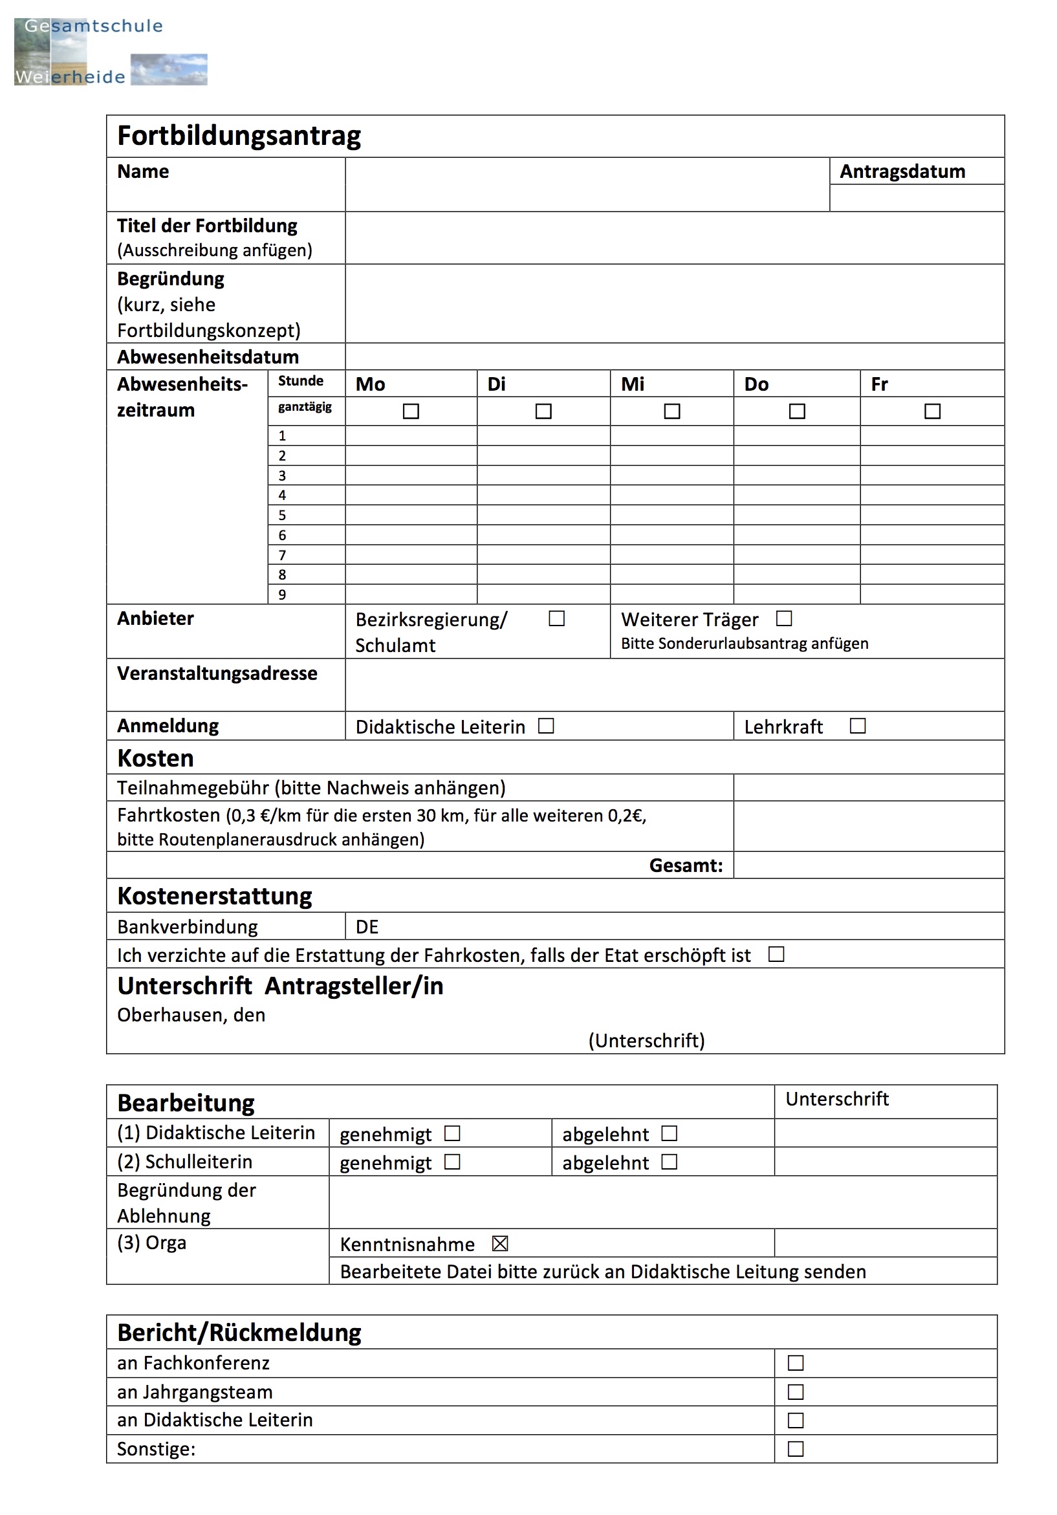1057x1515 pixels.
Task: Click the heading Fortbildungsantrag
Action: (x=238, y=136)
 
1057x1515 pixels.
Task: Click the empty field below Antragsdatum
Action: (x=916, y=198)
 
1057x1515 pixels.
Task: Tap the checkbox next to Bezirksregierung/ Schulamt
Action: (x=556, y=619)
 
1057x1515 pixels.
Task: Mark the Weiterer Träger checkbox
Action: (x=783, y=619)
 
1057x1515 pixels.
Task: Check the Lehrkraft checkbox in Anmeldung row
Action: (x=857, y=726)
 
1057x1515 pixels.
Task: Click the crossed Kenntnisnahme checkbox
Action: (x=500, y=1244)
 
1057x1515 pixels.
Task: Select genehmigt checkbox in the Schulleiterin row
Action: (x=452, y=1162)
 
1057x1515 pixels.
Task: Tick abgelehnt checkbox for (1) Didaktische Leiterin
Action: (x=669, y=1133)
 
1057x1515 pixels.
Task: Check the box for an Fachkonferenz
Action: (x=796, y=1363)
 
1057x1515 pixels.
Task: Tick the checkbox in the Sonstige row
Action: (x=796, y=1449)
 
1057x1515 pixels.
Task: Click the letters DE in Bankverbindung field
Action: (x=367, y=927)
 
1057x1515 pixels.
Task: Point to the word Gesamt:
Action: (x=686, y=866)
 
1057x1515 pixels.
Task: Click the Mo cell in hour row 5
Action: (x=410, y=516)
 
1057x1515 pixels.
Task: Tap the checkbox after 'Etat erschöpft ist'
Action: (x=776, y=955)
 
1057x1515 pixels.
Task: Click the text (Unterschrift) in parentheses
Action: (x=646, y=1041)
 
